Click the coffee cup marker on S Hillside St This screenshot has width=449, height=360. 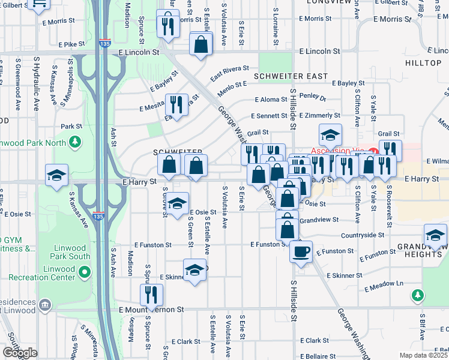[x=301, y=250]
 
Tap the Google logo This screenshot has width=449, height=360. [x=19, y=353]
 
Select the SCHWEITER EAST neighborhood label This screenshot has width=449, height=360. [x=291, y=76]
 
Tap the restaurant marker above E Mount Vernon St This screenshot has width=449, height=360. [x=151, y=294]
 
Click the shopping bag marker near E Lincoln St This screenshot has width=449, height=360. [x=200, y=44]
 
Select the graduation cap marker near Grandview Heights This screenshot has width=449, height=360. [x=435, y=235]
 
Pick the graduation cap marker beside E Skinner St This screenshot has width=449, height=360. [x=194, y=270]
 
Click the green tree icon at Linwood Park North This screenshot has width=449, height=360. [x=75, y=142]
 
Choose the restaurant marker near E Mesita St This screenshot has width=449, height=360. [x=176, y=104]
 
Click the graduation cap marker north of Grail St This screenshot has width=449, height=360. [x=330, y=134]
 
